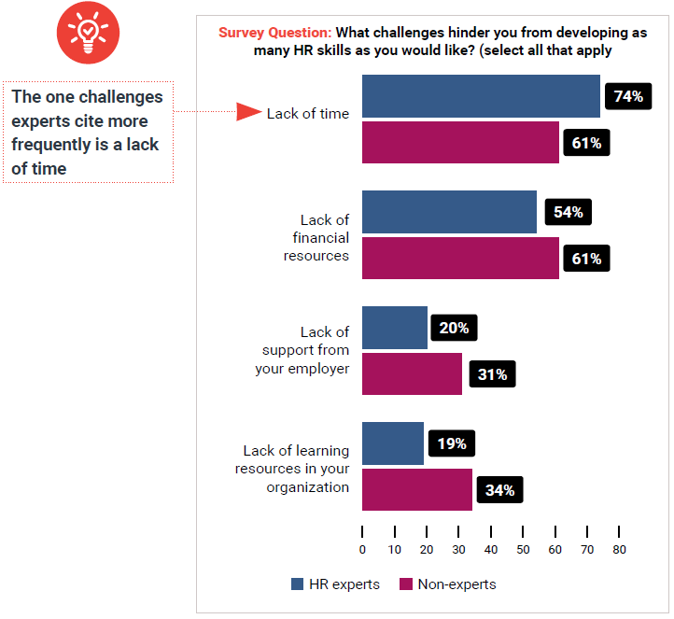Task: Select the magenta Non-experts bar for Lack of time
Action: [x=460, y=143]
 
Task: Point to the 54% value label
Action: [x=569, y=212]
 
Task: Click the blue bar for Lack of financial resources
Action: [x=449, y=212]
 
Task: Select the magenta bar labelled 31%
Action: [x=412, y=373]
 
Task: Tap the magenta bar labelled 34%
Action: [x=416, y=489]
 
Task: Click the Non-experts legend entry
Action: [x=448, y=584]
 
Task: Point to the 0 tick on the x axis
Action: [x=362, y=550]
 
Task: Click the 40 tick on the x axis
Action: [x=490, y=550]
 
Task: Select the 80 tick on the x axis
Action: [x=618, y=550]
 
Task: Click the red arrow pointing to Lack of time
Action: [x=248, y=113]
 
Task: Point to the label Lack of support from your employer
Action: [x=302, y=350]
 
